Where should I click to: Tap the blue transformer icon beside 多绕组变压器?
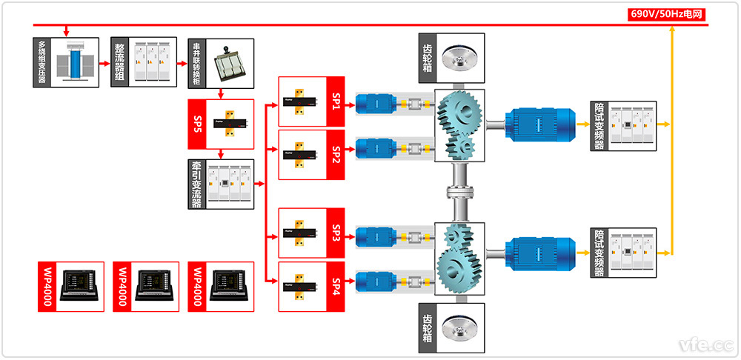(x=76, y=63)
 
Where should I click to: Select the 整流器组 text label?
(x=119, y=63)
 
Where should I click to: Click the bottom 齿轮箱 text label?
(x=427, y=327)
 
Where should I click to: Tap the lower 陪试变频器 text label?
(x=599, y=253)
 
